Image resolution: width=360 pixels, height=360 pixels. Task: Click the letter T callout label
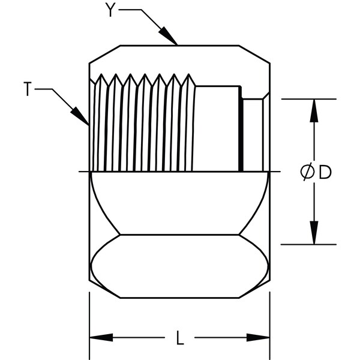click(x=28, y=89)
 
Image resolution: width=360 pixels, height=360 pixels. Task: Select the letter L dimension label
click(x=180, y=337)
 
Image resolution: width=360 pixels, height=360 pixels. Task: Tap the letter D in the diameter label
click(x=326, y=172)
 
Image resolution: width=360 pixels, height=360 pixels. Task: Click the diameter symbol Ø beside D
click(x=307, y=172)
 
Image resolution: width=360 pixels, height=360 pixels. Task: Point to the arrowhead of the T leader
click(x=80, y=116)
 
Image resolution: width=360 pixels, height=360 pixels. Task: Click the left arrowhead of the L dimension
click(x=101, y=337)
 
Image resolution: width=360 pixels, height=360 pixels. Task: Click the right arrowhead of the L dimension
click(x=258, y=337)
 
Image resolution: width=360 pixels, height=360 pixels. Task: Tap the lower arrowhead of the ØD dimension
click(x=314, y=233)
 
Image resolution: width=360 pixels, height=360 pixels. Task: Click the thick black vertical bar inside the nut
click(x=241, y=128)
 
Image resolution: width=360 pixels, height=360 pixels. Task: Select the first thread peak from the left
click(x=101, y=74)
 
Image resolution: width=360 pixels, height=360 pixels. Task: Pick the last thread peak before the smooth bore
click(x=189, y=74)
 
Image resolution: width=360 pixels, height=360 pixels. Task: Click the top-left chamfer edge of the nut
click(x=104, y=54)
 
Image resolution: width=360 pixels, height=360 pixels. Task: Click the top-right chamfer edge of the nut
click(x=254, y=54)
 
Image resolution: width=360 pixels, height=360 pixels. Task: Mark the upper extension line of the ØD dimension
click(x=309, y=99)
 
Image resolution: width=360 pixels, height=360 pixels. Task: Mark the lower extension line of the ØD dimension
click(x=309, y=245)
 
